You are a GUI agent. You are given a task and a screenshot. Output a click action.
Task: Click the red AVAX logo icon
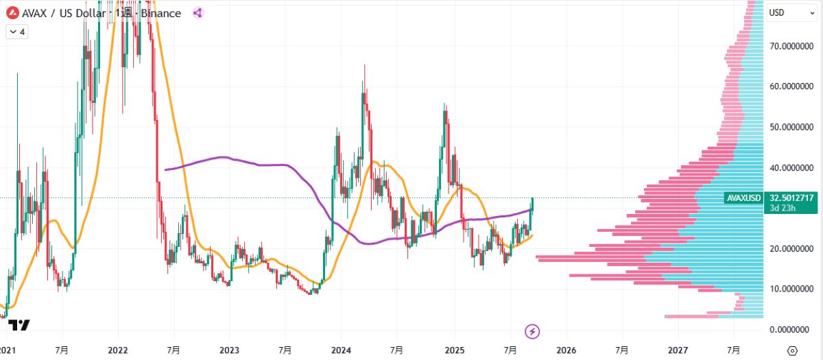(x=12, y=13)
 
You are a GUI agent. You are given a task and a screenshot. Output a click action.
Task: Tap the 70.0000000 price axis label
(x=792, y=47)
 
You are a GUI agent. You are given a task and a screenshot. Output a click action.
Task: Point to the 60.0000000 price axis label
(x=792, y=87)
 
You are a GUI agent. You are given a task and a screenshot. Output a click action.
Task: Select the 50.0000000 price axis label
(x=792, y=128)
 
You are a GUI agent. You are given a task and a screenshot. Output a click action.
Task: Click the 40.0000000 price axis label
(x=792, y=168)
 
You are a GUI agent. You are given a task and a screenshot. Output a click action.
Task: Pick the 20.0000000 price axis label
(x=792, y=249)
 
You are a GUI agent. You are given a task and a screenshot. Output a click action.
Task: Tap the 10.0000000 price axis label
(x=792, y=289)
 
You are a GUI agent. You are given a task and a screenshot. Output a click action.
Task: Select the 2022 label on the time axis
(x=118, y=350)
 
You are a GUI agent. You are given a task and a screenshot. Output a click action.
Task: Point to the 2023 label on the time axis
(x=230, y=350)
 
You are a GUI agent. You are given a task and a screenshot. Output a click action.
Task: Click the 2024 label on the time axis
(x=342, y=350)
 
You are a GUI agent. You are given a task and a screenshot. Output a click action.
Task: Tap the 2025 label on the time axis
(x=454, y=350)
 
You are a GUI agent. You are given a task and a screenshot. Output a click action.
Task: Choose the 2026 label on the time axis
(x=566, y=350)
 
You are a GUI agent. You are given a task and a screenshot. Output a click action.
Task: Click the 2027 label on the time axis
(x=678, y=350)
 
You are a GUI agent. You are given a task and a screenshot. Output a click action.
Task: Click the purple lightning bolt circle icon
(x=533, y=332)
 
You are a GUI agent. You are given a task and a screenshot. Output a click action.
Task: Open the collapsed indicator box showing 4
(x=17, y=32)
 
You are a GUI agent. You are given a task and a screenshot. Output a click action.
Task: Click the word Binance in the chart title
(x=161, y=13)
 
